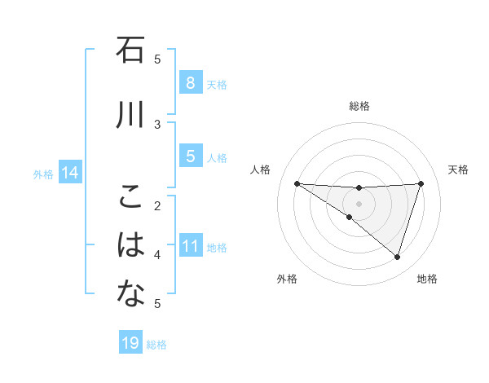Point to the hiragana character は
(131, 245)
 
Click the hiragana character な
(131, 295)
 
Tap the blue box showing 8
(190, 82)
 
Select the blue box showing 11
(190, 246)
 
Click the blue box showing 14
(70, 173)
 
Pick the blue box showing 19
(130, 343)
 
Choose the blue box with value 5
(190, 156)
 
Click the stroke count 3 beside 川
(158, 124)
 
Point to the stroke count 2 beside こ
(158, 205)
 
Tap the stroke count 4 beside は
(158, 254)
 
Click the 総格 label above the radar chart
(359, 106)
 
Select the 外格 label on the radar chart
(286, 279)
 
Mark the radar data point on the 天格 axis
(421, 183)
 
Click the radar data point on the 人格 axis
(297, 183)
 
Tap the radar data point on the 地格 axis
(397, 257)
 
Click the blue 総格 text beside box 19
(156, 345)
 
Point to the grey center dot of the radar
(359, 203)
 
